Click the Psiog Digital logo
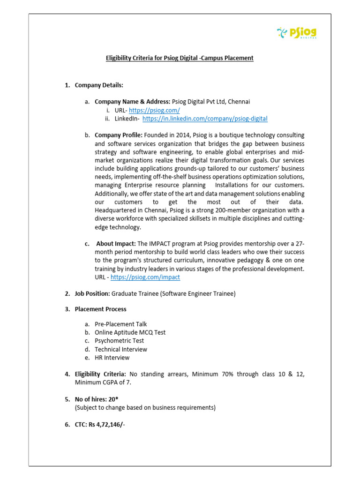pos(297,33)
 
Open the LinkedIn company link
pos(205,119)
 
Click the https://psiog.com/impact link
pos(145,277)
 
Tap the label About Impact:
pos(116,243)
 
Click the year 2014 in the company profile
pos(184,135)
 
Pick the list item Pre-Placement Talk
pos(120,324)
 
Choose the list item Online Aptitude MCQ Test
pos(130,332)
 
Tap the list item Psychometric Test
pos(119,341)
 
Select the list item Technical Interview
pos(120,349)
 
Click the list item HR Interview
pos(112,358)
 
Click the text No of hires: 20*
pos(96,399)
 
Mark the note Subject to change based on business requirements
pos(145,408)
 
